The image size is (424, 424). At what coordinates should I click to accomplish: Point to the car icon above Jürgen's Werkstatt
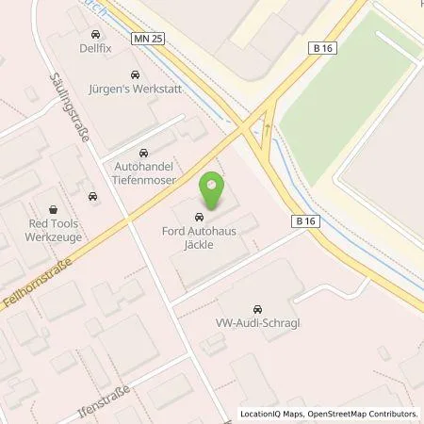(135, 74)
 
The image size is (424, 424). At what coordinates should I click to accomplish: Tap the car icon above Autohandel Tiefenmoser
(143, 153)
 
